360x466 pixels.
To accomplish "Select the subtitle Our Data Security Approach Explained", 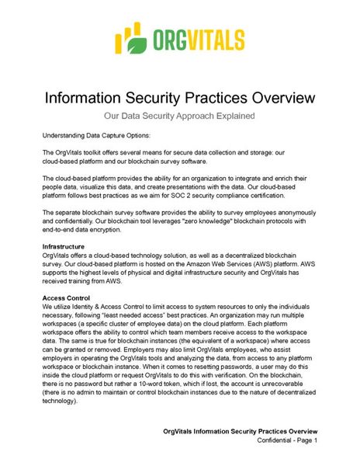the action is coord(180,116).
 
